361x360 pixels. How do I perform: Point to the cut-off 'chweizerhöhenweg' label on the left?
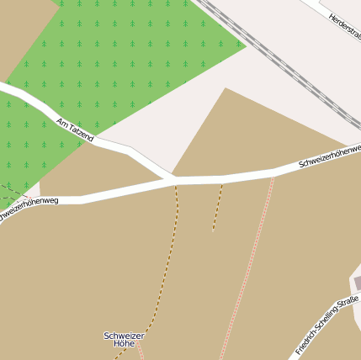[x=29, y=209]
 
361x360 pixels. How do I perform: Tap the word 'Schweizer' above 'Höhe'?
[x=124, y=336]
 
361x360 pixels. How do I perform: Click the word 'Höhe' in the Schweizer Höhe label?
[x=124, y=344]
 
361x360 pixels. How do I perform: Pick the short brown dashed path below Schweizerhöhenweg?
[x=217, y=207]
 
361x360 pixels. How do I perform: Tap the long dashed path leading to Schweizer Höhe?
[x=168, y=269]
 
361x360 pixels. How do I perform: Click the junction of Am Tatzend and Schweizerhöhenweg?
[x=173, y=179]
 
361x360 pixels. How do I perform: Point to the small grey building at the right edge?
[x=357, y=283]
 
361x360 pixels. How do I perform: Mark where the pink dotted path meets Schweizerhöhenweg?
[x=273, y=172]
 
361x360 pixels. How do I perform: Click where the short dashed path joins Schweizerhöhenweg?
[x=221, y=179]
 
